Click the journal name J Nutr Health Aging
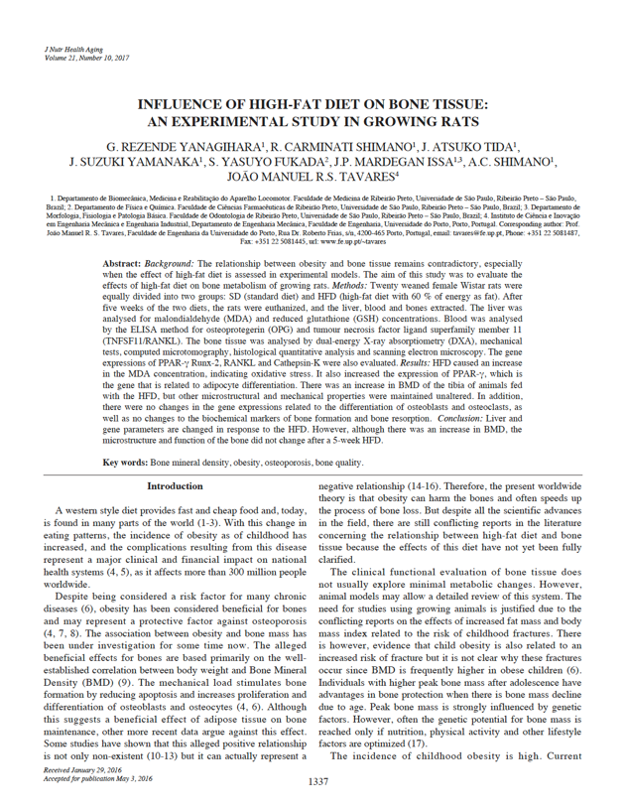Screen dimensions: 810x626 75,49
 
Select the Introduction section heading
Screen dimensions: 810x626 175,487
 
